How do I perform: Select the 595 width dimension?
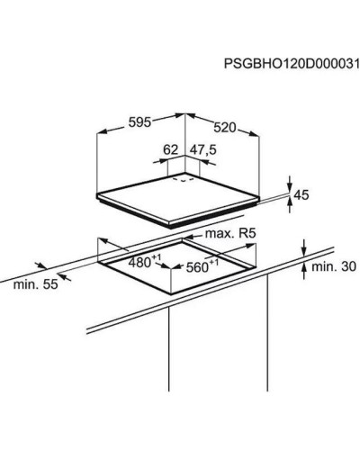[139, 122]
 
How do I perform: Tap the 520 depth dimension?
[225, 128]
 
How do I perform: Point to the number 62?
[171, 149]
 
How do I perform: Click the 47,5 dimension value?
[203, 150]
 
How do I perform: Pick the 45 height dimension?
[301, 195]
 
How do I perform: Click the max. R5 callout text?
[230, 233]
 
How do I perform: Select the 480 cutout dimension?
[139, 263]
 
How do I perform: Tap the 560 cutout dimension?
[197, 267]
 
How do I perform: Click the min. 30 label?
[334, 266]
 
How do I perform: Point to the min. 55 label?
[35, 284]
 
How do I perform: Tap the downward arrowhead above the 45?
[290, 186]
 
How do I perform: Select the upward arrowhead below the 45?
[290, 202]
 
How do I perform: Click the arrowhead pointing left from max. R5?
[188, 238]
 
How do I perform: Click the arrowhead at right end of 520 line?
[254, 134]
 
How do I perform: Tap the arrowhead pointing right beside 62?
[163, 161]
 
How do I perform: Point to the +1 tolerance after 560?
[214, 263]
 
